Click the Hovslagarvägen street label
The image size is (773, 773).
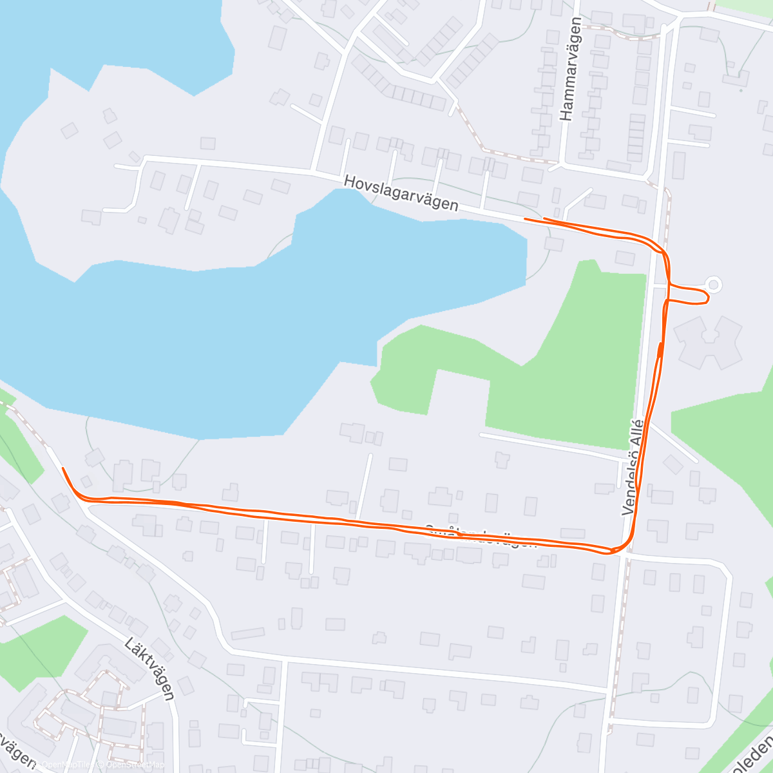401,193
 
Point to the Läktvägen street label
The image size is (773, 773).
150,669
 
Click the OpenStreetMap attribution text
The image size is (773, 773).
135,765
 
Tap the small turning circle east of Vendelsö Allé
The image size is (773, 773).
714,284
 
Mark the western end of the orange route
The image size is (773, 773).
62,468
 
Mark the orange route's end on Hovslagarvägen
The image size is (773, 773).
526,219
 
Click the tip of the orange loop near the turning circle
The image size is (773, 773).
708,296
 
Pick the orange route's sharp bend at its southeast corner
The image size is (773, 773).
618,551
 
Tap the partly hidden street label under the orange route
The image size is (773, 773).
480,536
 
